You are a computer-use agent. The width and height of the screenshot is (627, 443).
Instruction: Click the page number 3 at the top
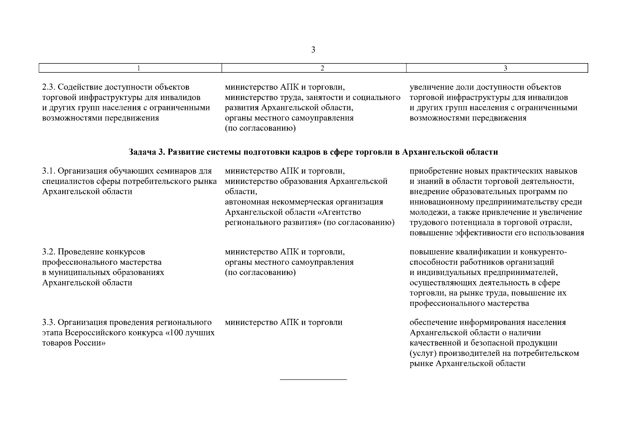[313, 49]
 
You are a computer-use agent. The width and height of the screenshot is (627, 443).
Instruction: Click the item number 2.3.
[49, 87]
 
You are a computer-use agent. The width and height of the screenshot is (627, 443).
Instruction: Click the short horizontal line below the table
[313, 380]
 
